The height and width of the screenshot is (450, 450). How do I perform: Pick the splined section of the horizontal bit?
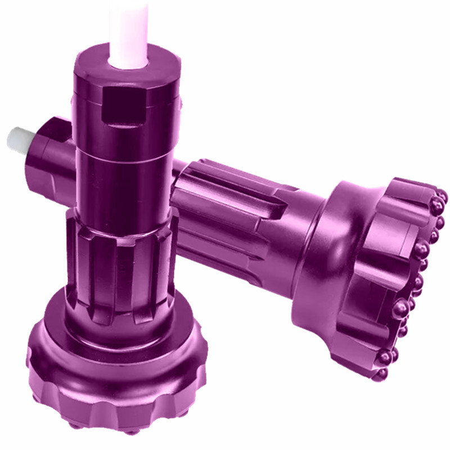pos(225,214)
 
